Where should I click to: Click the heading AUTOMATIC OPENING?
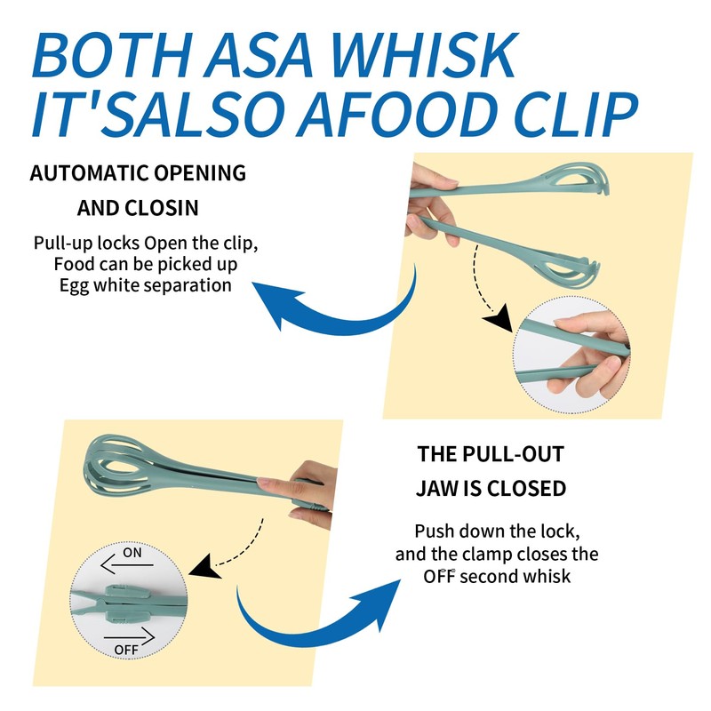(x=138, y=172)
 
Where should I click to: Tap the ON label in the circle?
(x=132, y=553)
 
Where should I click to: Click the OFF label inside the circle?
(x=127, y=650)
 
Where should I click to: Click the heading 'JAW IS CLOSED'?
(x=491, y=488)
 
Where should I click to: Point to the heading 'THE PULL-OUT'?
(x=491, y=454)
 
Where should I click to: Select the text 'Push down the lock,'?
(x=498, y=531)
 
